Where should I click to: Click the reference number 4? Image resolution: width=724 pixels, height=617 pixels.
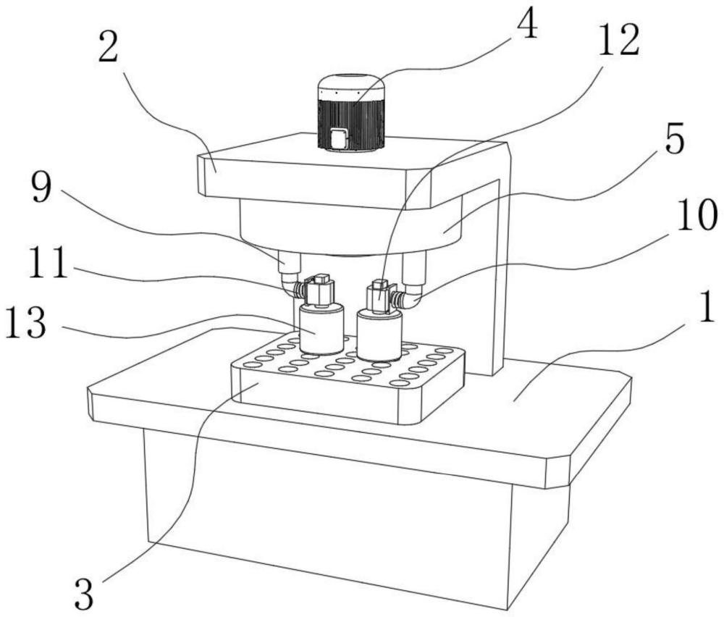[x=527, y=28]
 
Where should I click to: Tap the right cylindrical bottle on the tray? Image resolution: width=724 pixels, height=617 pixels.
[x=379, y=335]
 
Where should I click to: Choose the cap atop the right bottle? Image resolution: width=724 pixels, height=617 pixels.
[x=379, y=295]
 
